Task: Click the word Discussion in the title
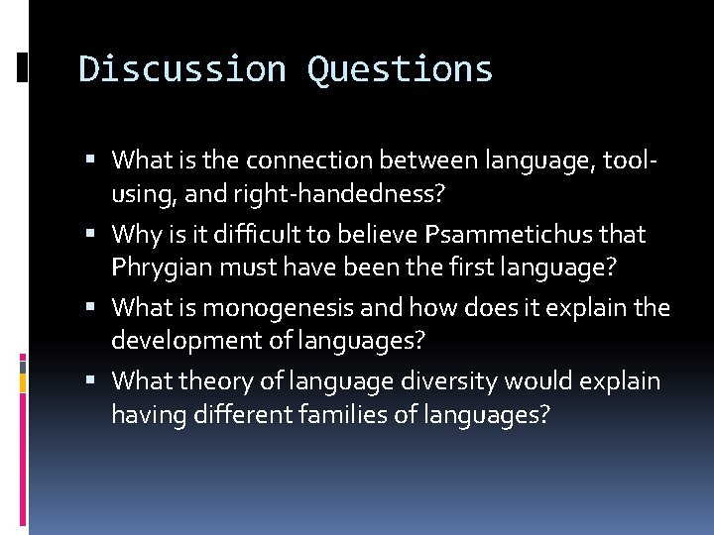(x=182, y=69)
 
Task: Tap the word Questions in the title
(x=400, y=69)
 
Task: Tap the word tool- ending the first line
(x=634, y=160)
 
